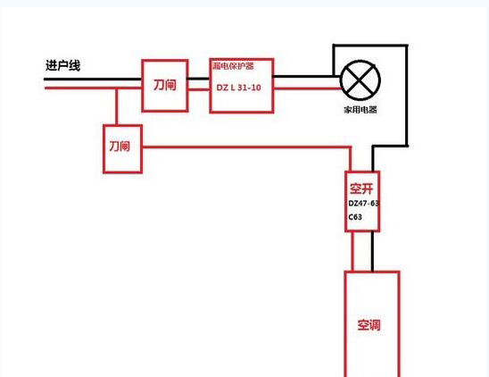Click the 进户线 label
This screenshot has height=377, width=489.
tap(62, 65)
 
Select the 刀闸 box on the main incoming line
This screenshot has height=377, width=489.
tap(165, 85)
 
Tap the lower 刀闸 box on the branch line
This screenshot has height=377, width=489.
tap(122, 148)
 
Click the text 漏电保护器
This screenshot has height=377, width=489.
tap(233, 66)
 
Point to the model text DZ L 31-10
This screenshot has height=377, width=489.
tap(238, 88)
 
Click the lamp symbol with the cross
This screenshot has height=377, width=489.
tap(361, 80)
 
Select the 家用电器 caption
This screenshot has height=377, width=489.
tap(361, 110)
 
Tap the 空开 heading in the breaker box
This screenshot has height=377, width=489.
tap(361, 188)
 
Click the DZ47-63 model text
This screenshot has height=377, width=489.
tap(363, 204)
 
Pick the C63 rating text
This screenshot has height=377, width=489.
tap(355, 217)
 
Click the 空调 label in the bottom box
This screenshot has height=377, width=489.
tap(369, 325)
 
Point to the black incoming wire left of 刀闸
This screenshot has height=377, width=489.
tap(93, 79)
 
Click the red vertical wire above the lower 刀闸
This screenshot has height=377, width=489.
tap(116, 107)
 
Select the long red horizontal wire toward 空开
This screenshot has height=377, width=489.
tap(246, 147)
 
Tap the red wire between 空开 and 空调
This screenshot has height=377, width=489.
tap(352, 251)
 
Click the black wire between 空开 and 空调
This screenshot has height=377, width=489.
tap(372, 251)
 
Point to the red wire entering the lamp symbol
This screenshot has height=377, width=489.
tap(307, 88)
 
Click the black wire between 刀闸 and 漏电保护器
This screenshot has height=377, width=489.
tap(199, 79)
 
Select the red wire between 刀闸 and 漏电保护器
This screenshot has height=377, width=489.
tap(199, 89)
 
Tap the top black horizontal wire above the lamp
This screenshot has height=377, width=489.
tap(370, 46)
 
